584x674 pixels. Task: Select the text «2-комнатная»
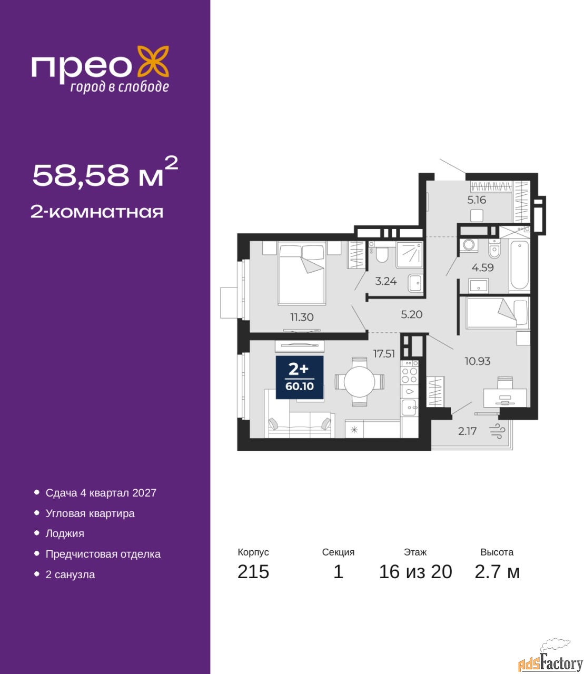pyautogui.click(x=97, y=212)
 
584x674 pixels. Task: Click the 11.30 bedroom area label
pyautogui.click(x=302, y=316)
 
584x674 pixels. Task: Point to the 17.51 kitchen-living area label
pyautogui.click(x=384, y=353)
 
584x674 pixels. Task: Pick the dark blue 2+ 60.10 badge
pyautogui.click(x=299, y=377)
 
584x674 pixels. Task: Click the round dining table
pyautogui.click(x=359, y=382)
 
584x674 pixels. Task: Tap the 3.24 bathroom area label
pyautogui.click(x=386, y=281)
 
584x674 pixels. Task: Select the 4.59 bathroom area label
pyautogui.click(x=482, y=267)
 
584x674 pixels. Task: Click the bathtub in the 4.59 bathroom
pyautogui.click(x=519, y=265)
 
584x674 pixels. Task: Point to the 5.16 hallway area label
pyautogui.click(x=477, y=200)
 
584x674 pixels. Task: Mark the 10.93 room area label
pyautogui.click(x=478, y=361)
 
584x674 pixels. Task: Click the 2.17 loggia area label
pyautogui.click(x=467, y=431)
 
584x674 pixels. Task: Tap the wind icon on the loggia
pyautogui.click(x=497, y=431)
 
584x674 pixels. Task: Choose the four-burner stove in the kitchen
pyautogui.click(x=409, y=375)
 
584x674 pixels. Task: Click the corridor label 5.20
pyautogui.click(x=411, y=314)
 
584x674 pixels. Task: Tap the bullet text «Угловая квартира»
pyautogui.click(x=90, y=513)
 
